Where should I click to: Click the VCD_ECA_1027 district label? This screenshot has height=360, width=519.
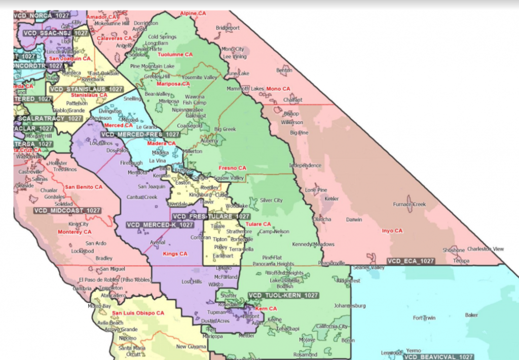pos(411,261)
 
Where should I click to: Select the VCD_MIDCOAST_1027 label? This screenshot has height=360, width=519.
pos(67,210)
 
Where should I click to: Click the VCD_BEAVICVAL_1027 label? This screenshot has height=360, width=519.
pos(439,357)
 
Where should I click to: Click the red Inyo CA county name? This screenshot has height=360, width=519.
pos(391,231)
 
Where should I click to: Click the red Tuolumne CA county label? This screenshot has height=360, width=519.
pos(175,54)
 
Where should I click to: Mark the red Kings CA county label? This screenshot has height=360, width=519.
pos(175,254)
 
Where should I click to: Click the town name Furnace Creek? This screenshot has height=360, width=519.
pos(410,204)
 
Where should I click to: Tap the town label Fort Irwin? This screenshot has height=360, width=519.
pos(425,318)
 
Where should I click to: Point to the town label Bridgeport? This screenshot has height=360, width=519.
pos(227,28)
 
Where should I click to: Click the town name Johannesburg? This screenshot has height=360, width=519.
pos(350,306)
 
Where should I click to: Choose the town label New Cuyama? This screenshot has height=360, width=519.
pos(189,347)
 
